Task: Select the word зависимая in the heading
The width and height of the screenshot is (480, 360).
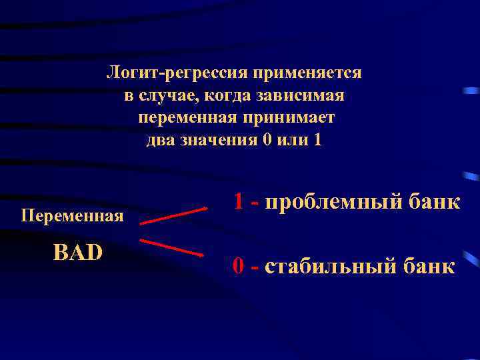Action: click(312, 95)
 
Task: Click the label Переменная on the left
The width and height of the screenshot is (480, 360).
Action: click(73, 216)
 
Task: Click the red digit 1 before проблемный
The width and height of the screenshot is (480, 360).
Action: click(238, 201)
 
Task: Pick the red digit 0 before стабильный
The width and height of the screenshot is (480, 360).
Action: click(238, 266)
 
